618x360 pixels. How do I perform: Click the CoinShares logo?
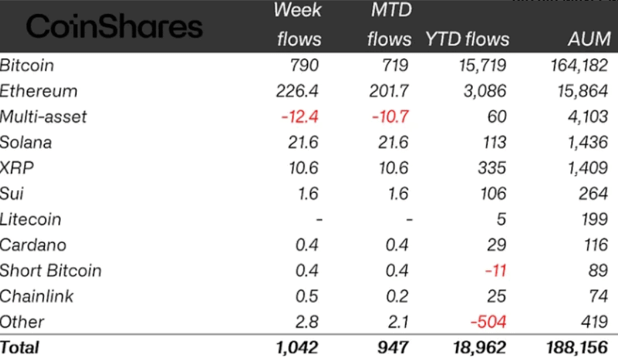(114, 27)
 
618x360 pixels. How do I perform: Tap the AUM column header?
(588, 39)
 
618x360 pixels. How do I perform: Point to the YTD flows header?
(467, 39)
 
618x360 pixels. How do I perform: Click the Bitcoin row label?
(27, 66)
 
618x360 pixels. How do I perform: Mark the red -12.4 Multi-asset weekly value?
(300, 117)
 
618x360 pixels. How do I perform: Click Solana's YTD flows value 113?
(492, 143)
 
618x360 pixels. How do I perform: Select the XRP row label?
(17, 168)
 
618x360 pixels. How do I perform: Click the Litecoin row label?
(31, 219)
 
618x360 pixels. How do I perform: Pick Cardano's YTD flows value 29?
(496, 245)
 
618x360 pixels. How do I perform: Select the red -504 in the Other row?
(488, 322)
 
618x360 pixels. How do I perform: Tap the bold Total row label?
(20, 347)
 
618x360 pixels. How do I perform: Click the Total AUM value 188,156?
(576, 347)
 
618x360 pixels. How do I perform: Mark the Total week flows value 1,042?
(296, 347)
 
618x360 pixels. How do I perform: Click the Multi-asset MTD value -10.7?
(390, 117)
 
